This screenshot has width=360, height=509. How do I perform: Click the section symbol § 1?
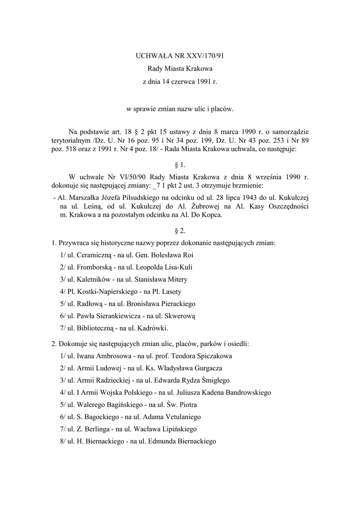(x=180, y=165)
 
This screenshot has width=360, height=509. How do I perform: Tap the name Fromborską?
(x=92, y=267)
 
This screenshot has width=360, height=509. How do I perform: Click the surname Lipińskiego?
(x=178, y=428)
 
